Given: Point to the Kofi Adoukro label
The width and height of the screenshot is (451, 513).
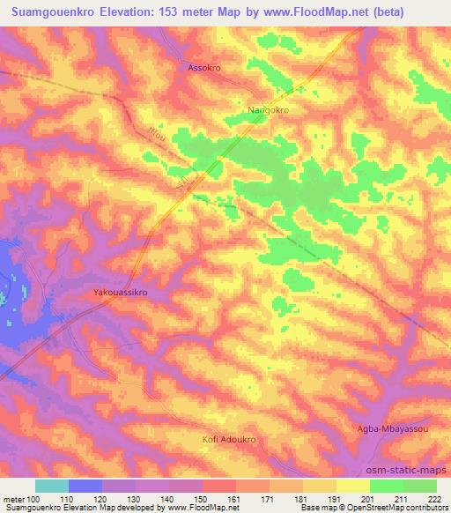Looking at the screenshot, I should [226, 438].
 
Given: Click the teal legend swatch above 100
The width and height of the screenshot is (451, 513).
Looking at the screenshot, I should [52, 486].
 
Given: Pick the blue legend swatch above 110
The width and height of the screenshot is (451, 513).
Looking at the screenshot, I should [85, 486].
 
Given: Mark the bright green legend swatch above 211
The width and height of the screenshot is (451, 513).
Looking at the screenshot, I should [387, 486].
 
